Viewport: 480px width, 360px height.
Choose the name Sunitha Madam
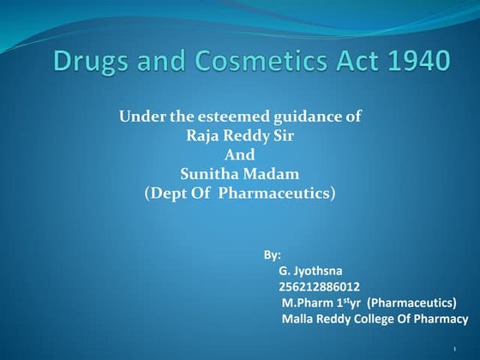pos(239,175)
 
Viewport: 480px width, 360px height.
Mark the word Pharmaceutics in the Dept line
pos(274,194)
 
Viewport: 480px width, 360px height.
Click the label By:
pos(272,255)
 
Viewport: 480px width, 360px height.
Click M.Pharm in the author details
pos(306,303)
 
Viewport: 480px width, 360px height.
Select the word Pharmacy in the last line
pos(441,320)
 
